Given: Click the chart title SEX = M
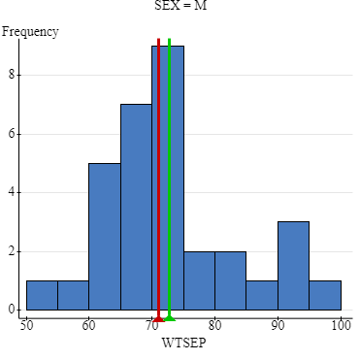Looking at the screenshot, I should click(180, 6).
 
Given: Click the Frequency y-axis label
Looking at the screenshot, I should click(30, 31).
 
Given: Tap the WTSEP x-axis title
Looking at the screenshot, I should click(180, 343).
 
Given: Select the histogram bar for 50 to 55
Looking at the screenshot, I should click(42, 296).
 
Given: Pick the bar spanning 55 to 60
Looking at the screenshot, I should click(73, 296).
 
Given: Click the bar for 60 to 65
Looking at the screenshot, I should click(104, 238).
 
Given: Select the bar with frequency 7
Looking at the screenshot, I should click(136, 208).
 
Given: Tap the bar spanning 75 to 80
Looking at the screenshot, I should click(199, 281).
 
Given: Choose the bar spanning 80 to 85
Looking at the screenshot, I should click(230, 281).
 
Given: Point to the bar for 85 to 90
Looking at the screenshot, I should click(262, 296).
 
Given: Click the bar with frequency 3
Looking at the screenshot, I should click(293, 267).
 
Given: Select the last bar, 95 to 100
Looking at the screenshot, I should click(325, 296).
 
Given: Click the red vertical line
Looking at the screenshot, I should click(158, 146).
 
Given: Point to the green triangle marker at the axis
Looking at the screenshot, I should click(170, 316).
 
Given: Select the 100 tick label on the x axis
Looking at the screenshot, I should click(341, 326).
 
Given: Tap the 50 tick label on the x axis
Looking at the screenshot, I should click(26, 326).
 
